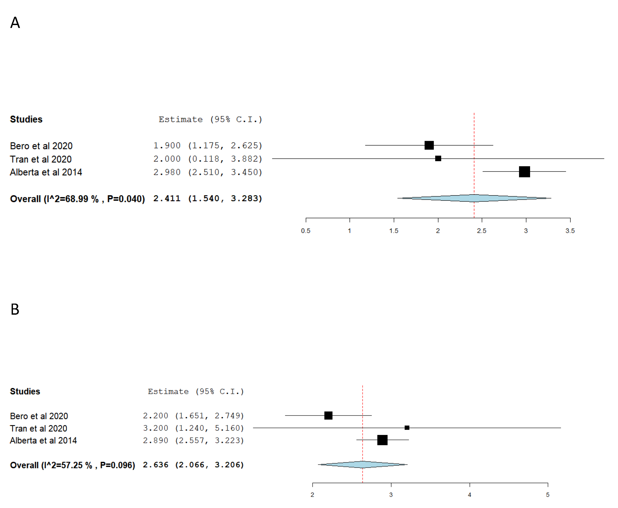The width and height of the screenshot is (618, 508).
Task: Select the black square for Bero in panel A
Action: (429, 145)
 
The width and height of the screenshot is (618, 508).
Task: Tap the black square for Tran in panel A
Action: (438, 158)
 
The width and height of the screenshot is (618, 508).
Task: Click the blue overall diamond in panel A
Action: (474, 198)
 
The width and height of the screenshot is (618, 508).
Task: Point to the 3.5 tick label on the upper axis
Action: (570, 231)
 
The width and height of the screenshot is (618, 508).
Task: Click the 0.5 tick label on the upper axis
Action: (305, 231)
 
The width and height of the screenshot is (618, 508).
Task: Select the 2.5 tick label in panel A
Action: (481, 231)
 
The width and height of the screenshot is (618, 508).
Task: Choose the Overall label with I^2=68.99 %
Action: (77, 199)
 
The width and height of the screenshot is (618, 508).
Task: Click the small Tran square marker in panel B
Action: (407, 428)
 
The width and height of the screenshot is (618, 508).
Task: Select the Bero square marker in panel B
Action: (328, 415)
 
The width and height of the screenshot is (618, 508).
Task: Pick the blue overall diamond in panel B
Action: (363, 464)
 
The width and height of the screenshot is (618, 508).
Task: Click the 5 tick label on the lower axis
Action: (548, 495)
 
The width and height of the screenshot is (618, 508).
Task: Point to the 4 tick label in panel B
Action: (469, 495)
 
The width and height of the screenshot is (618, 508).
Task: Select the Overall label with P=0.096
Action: (72, 465)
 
